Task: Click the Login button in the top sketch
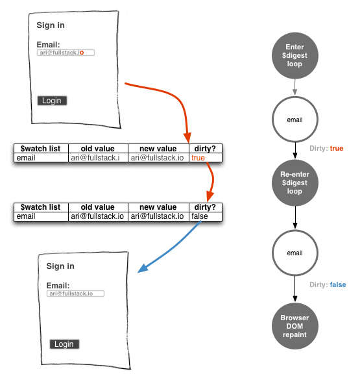pos(52,101)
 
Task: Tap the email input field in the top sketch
pos(66,53)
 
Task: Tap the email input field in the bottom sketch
pos(75,294)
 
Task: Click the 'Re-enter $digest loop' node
pos(295,183)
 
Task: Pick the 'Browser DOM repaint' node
pos(295,326)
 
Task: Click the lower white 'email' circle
pos(295,253)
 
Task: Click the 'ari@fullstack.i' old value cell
pos(99,158)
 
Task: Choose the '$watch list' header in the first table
pos(40,149)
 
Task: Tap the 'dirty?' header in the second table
pos(205,207)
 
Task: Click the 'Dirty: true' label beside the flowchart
pos(326,149)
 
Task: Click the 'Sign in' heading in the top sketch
pos(51,25)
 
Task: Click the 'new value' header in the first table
pos(158,149)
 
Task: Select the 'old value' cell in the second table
pos(99,216)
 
